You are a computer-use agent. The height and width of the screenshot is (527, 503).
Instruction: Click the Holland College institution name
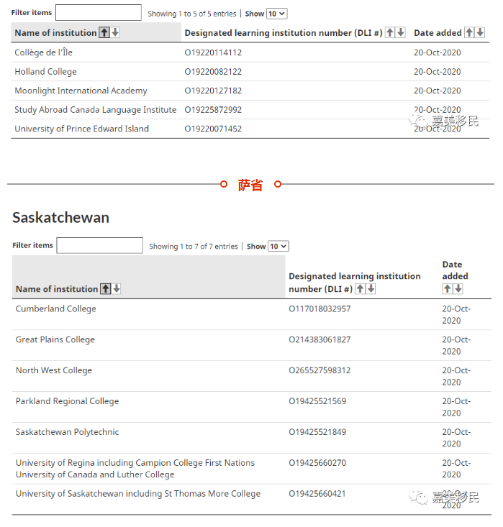[45, 72]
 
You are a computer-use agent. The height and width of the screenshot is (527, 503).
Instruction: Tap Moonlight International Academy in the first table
[81, 91]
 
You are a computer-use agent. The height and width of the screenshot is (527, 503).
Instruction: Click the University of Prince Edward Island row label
[81, 129]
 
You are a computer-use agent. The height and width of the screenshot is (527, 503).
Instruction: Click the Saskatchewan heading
[60, 218]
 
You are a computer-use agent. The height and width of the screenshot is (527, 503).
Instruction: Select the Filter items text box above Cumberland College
[99, 246]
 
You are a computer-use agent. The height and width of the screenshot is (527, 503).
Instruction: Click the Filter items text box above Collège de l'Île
[98, 13]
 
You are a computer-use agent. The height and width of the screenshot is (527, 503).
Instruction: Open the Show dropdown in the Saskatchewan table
[278, 246]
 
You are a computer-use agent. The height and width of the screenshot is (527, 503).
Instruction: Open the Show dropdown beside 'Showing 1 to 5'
[276, 14]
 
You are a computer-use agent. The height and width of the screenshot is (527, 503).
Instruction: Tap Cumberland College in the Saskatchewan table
[55, 308]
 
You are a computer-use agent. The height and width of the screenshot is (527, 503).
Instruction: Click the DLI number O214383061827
[320, 339]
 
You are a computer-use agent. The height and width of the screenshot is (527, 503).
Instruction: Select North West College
[54, 370]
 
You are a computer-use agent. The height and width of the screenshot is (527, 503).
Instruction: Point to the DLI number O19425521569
[317, 401]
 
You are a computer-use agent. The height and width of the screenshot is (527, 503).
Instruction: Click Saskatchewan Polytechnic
[67, 432]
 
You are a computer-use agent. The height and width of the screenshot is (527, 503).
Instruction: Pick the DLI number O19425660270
[317, 463]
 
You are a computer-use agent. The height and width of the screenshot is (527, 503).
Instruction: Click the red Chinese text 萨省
[250, 185]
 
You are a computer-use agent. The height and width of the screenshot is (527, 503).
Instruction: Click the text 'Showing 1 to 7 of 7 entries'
[194, 247]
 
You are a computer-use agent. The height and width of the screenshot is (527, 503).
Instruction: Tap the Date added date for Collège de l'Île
[438, 52]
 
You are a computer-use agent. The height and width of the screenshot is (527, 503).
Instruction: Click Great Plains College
[55, 339]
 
